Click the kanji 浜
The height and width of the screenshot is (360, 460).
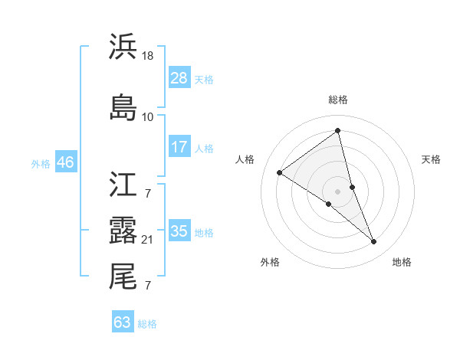123,45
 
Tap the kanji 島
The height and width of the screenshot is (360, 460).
123,106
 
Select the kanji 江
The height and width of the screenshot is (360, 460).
123,185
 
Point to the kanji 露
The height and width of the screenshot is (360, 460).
123,230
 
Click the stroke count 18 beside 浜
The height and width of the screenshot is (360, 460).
149,55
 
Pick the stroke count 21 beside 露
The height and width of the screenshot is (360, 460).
149,241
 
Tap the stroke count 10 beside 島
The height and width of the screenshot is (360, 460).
148,116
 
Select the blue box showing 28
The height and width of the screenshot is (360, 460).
179,77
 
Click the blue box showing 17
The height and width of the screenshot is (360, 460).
179,146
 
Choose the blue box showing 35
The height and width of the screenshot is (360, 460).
179,231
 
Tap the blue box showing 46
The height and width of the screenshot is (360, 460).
65,162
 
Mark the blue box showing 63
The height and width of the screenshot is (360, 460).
123,322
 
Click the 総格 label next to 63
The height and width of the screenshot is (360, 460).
147,324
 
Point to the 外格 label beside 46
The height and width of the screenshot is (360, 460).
41,163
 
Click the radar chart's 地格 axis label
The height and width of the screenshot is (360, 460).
402,262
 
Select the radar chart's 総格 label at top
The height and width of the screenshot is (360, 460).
337,100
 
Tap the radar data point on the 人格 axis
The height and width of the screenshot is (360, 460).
279,173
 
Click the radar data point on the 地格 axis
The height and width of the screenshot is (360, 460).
374,242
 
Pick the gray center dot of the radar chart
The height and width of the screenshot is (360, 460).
337,191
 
